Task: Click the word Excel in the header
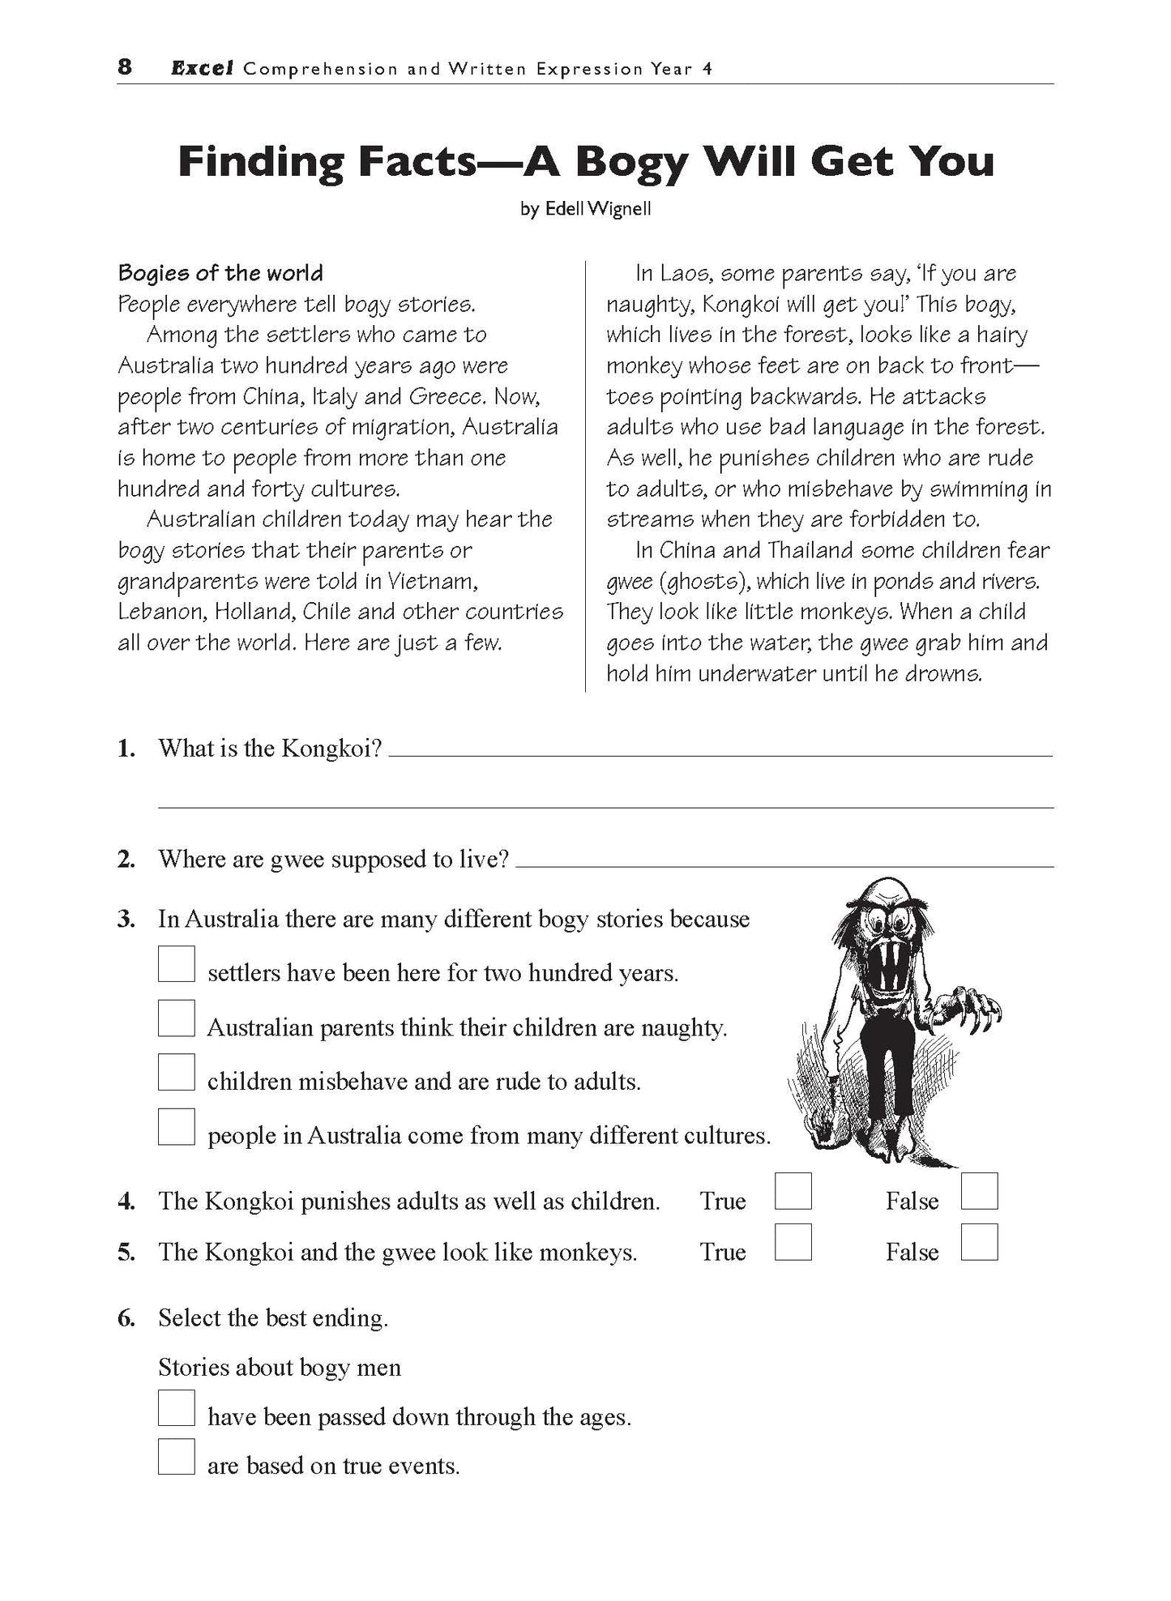202,69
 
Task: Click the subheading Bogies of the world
220,273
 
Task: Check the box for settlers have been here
177,964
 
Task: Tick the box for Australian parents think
177,1018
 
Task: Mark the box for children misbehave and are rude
177,1072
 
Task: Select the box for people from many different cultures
177,1126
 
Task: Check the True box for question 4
793,1191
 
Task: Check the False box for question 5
979,1242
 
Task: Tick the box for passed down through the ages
177,1407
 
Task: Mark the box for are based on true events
177,1456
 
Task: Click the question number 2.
126,859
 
